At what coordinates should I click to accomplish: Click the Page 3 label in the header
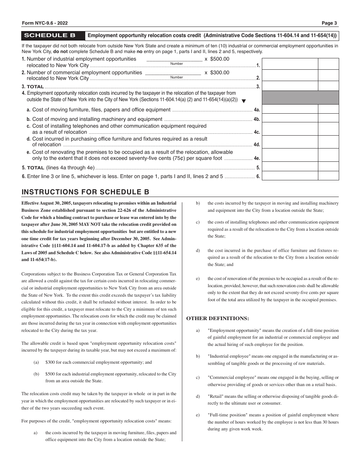click(329, 23)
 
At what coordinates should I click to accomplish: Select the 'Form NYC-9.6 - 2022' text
click(44, 23)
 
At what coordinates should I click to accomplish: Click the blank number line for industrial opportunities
click(174, 59)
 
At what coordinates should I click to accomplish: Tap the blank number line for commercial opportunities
click(173, 73)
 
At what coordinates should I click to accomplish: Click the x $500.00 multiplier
click(217, 59)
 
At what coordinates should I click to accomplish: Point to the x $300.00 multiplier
click(217, 72)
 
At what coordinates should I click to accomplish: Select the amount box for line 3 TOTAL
click(290, 86)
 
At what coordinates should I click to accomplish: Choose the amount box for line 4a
click(290, 109)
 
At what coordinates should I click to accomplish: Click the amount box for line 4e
click(290, 156)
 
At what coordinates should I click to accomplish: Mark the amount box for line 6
click(290, 176)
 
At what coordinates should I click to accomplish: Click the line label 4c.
click(257, 132)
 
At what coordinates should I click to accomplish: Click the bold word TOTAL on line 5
click(36, 167)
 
